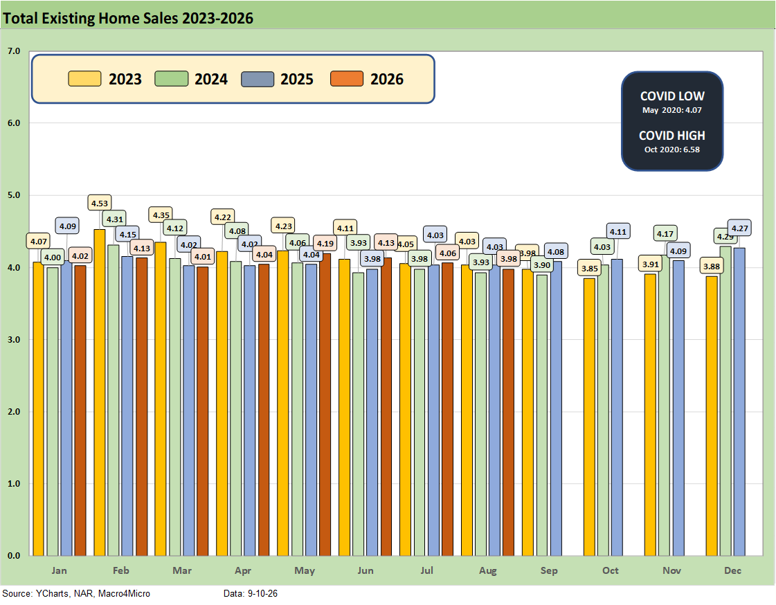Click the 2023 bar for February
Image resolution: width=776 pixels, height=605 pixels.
[100, 392]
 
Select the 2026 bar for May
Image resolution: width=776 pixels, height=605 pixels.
[325, 405]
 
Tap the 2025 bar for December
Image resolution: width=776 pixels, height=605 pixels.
[739, 401]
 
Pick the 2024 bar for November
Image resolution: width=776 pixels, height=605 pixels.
[665, 405]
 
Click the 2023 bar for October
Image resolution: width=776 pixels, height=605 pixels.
[589, 417]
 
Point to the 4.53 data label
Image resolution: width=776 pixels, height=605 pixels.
[100, 203]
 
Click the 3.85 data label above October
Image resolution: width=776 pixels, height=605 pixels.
[589, 268]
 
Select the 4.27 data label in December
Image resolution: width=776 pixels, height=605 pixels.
[740, 228]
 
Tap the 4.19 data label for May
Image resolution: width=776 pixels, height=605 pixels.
[325, 243]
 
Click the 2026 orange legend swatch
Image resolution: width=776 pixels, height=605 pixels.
[346, 79]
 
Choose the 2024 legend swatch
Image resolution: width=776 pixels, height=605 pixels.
[171, 79]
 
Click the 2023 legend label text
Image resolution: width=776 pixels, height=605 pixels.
[125, 79]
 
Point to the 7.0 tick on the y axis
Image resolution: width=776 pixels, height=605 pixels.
[14, 51]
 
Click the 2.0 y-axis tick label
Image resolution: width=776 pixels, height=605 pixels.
[14, 412]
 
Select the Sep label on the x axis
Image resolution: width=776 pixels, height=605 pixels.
[549, 570]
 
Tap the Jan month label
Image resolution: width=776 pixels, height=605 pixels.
[59, 570]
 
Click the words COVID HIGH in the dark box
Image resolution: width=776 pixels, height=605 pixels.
[672, 136]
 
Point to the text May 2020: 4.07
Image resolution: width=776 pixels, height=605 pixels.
[672, 110]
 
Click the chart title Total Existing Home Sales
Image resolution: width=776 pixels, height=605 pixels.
[128, 18]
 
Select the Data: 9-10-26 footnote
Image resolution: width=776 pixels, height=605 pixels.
[251, 593]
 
